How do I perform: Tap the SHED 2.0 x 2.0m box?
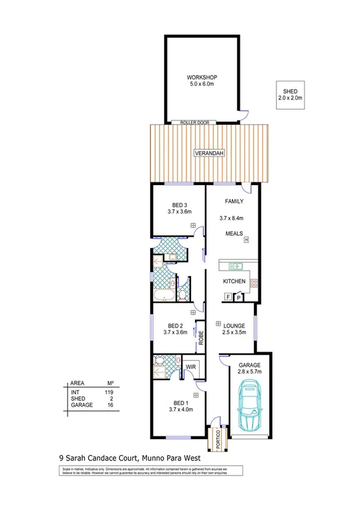click(x=291, y=94)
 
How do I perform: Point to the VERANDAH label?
click(x=208, y=153)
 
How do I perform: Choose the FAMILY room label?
click(x=233, y=201)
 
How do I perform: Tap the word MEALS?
click(x=233, y=234)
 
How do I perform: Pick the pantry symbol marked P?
click(x=237, y=296)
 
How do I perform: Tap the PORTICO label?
click(x=216, y=438)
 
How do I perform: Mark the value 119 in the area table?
click(x=111, y=392)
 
